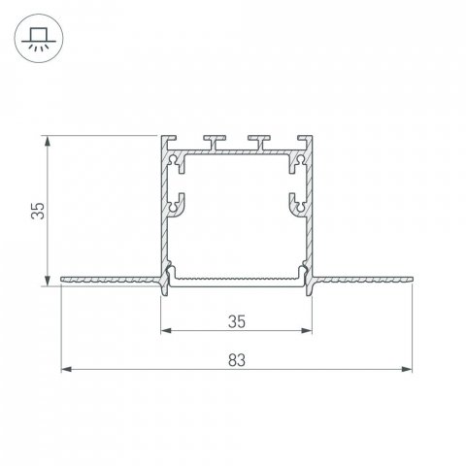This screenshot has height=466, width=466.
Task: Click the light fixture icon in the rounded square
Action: (x=39, y=40)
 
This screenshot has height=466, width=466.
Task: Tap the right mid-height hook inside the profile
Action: (x=296, y=204)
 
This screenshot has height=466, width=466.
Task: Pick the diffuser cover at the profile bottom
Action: (x=238, y=280)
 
